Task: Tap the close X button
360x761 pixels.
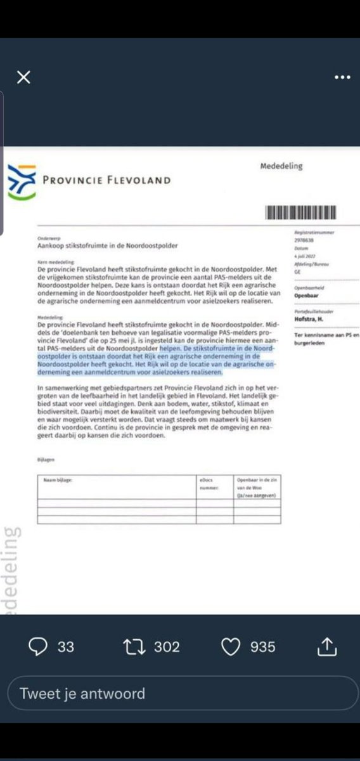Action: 23,77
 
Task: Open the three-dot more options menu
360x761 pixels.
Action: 342,77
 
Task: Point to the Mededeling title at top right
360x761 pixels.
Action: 281,166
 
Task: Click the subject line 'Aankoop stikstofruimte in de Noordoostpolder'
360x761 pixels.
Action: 107,245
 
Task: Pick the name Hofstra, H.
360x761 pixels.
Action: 309,320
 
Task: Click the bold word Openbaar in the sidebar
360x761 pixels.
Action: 307,295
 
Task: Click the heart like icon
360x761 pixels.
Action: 231,646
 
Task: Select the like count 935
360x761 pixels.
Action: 263,647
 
